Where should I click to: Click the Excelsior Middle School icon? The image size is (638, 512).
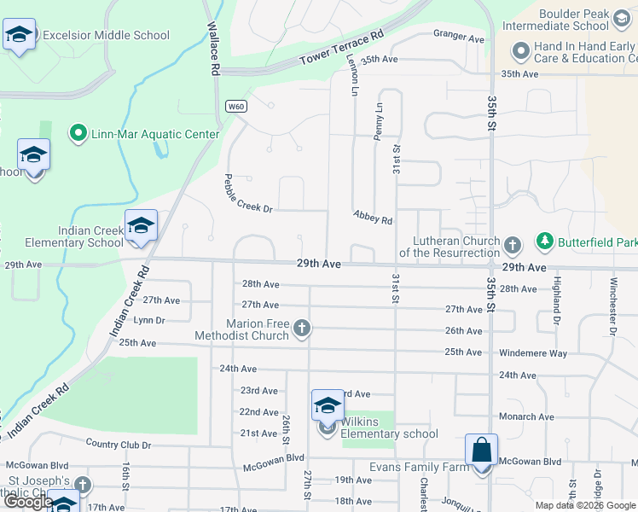point(19,35)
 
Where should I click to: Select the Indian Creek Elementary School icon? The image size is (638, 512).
point(141,226)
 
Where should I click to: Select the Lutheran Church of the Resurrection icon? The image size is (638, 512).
point(513,246)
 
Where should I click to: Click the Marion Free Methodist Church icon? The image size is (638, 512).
point(301,329)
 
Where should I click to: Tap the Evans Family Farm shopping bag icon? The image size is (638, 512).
point(482,451)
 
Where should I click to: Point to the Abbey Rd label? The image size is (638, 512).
point(373,218)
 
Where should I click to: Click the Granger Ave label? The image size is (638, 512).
point(458,37)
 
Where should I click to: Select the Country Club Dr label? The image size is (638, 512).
point(119,445)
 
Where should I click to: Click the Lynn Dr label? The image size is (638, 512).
point(148,320)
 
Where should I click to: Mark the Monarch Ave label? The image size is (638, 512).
point(527,417)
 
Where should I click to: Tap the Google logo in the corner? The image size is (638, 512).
point(28,502)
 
